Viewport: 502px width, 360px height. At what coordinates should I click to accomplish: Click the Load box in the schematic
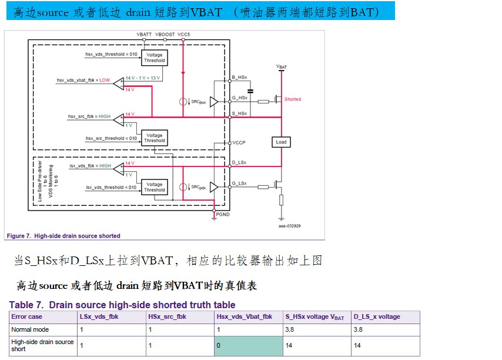pos(281,142)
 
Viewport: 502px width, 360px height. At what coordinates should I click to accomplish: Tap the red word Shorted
pos(292,99)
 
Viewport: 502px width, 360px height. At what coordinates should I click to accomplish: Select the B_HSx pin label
pos(239,78)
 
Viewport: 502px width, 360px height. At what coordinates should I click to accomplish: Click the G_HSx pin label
pos(239,98)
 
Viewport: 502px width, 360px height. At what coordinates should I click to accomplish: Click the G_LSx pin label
pos(239,184)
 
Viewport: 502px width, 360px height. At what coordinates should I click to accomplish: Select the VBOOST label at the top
pos(165,35)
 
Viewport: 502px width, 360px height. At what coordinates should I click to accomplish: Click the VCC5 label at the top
pos(184,35)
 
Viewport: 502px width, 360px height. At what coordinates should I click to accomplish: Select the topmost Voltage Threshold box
pos(155,58)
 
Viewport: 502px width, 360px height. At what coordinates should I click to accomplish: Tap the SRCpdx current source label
pos(198,187)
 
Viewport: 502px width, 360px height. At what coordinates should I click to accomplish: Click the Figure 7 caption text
pos(63,236)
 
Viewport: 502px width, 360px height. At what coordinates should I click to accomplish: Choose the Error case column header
pos(27,316)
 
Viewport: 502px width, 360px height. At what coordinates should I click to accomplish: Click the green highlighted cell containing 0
pos(248,345)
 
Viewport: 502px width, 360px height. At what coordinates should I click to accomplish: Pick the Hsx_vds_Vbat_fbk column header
pos(245,316)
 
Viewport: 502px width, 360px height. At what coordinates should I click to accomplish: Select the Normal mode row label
pos(30,329)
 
